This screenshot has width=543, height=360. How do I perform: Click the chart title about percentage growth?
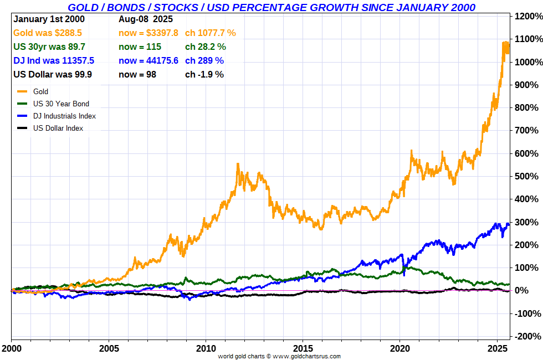(x=271, y=7)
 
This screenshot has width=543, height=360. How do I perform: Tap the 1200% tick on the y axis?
(x=527, y=16)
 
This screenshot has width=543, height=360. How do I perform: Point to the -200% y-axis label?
(x=527, y=336)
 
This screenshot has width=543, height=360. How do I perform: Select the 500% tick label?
(x=527, y=176)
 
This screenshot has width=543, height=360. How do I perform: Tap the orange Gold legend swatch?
(x=22, y=91)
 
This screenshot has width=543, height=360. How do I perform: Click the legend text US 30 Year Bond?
(x=61, y=104)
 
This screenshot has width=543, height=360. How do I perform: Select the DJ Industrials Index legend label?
(x=64, y=116)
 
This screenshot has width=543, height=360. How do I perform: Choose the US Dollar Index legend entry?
(x=58, y=128)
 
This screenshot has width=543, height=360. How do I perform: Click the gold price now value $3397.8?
(x=148, y=33)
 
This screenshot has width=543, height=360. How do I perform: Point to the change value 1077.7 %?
(x=211, y=33)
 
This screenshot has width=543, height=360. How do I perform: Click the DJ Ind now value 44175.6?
(x=148, y=60)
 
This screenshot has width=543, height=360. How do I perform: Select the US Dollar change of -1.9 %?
(x=204, y=74)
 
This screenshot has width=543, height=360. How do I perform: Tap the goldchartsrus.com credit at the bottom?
(x=279, y=356)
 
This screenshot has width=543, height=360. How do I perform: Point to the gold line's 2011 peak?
(x=238, y=164)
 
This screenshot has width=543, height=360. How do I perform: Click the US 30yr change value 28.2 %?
(x=206, y=47)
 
